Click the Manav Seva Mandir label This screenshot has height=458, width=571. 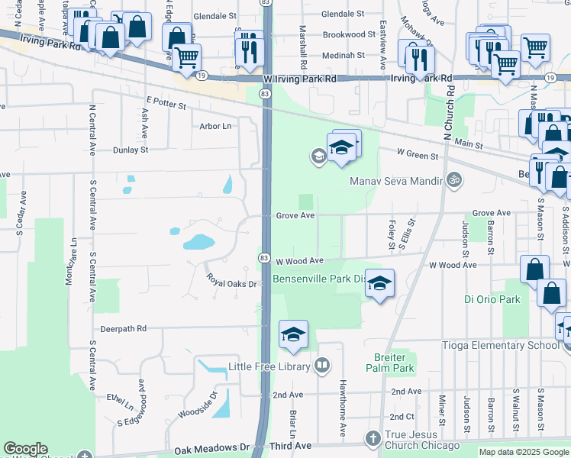(397, 181)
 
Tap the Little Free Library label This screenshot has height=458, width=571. (269, 366)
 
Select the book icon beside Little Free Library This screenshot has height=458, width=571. (322, 366)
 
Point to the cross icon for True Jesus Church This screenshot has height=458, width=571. (373, 439)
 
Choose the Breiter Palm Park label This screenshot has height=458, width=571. (394, 363)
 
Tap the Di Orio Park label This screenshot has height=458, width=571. (492, 299)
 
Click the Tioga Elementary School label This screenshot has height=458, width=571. (501, 345)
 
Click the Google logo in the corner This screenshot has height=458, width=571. (25, 449)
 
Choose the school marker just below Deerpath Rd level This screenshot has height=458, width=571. (293, 335)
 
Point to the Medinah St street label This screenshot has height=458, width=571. (344, 55)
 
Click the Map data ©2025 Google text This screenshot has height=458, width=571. (524, 452)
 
